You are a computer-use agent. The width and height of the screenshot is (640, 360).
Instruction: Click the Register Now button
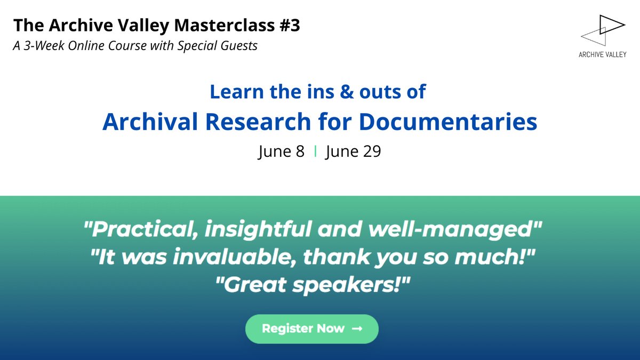[311, 329]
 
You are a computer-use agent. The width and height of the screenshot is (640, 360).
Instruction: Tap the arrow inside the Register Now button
[357, 329]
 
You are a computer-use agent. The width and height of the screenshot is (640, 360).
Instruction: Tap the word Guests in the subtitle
[238, 46]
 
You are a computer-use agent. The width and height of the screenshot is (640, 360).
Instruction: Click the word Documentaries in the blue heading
[447, 122]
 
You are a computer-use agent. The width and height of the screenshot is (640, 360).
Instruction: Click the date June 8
[281, 151]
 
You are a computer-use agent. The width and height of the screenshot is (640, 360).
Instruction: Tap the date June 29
[353, 151]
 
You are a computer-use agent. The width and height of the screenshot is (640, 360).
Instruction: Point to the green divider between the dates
[315, 151]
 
